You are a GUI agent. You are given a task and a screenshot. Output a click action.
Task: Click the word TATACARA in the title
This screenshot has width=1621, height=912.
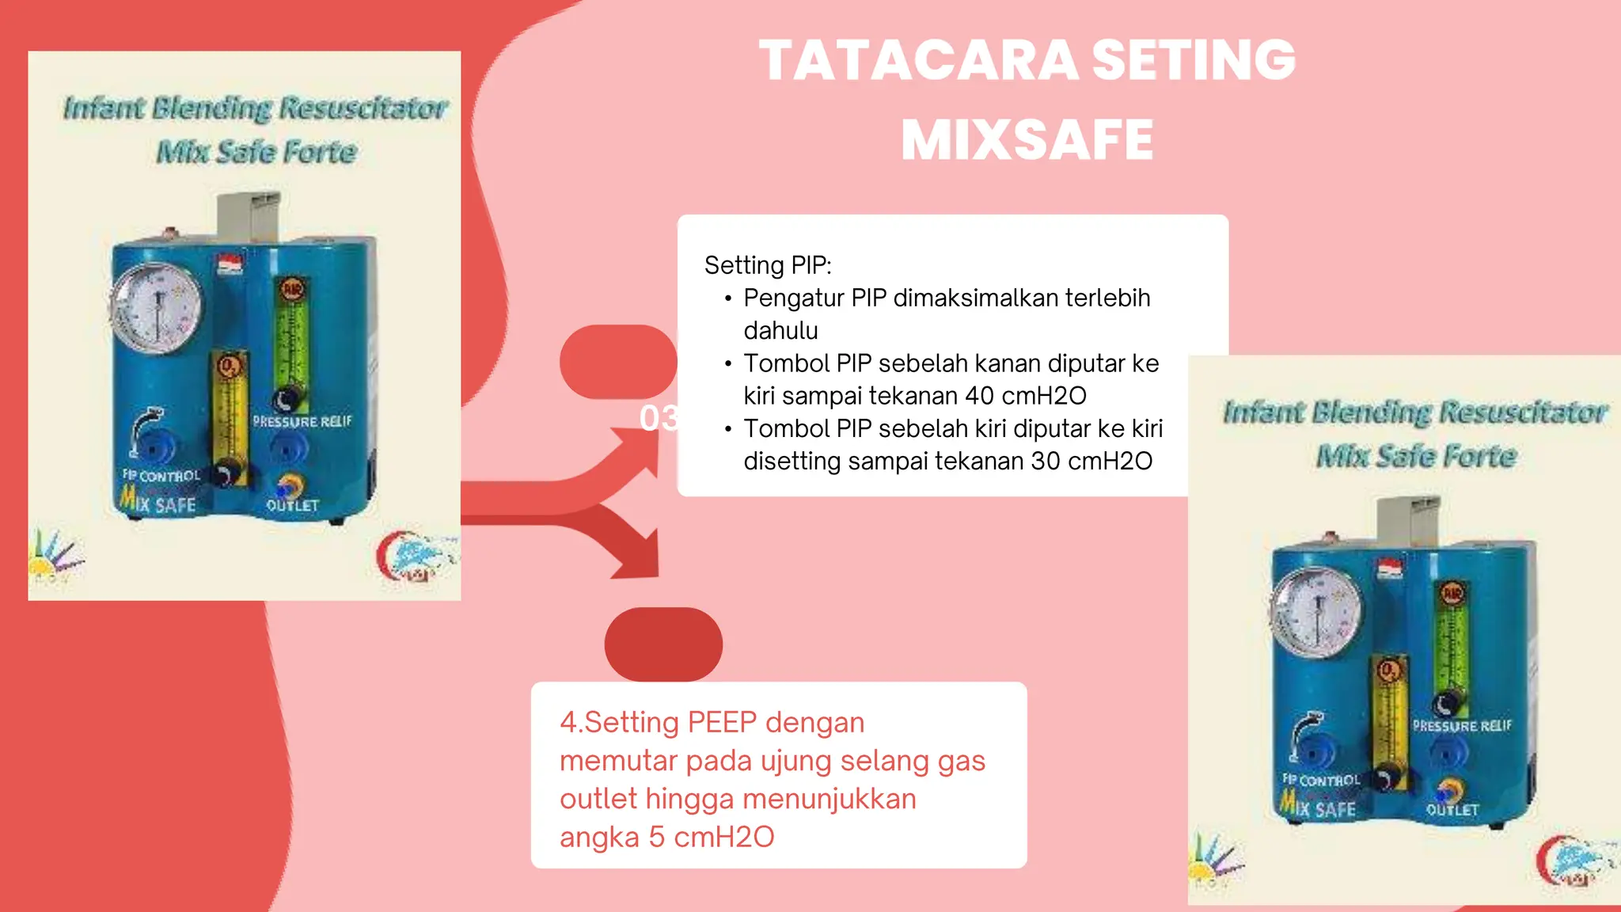click(918, 61)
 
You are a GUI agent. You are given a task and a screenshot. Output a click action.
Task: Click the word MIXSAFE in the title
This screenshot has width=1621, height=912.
click(1027, 141)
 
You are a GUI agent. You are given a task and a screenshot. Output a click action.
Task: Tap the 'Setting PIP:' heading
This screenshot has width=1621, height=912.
click(767, 265)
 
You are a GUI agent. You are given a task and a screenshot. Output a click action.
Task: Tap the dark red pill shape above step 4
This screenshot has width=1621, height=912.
click(663, 644)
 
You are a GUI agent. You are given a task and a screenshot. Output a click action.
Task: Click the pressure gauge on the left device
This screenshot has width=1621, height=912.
click(157, 307)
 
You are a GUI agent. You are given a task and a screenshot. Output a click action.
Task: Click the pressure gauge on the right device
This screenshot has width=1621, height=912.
click(1316, 612)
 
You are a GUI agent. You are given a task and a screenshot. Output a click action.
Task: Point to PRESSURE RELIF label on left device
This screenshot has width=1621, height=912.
click(302, 422)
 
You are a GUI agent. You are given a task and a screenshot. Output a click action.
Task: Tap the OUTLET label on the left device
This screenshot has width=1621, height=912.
click(292, 505)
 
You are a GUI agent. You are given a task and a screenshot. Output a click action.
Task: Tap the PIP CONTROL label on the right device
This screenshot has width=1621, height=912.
click(1321, 781)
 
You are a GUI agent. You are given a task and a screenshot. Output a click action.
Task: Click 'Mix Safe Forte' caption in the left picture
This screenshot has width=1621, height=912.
click(256, 151)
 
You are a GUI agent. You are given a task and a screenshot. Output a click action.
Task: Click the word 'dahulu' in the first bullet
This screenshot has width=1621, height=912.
click(780, 331)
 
